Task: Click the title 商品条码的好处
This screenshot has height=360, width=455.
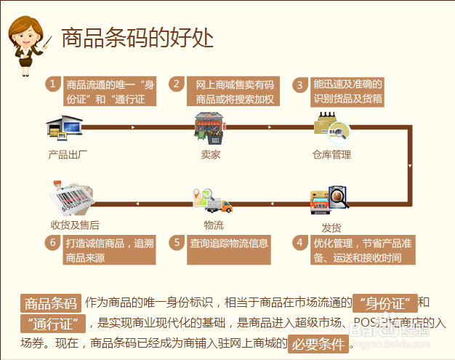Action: [x=137, y=37]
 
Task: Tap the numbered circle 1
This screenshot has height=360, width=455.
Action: [x=52, y=84]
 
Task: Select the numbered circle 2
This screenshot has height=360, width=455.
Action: [x=177, y=84]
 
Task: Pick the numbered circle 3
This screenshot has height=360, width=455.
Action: [x=299, y=84]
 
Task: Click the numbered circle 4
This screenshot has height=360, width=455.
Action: [x=299, y=242]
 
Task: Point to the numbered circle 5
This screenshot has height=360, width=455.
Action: [x=177, y=242]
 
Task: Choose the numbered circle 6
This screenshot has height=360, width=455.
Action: [x=52, y=242]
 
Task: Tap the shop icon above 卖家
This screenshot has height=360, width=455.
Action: [x=210, y=128]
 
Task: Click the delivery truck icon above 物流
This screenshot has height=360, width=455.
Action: [x=212, y=201]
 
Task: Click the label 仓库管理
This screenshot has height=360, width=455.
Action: [x=331, y=154]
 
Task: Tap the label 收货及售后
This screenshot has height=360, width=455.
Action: [x=75, y=225]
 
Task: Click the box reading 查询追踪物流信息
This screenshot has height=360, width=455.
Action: [x=229, y=243]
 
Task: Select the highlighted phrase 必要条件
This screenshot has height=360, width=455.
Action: [x=318, y=343]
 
